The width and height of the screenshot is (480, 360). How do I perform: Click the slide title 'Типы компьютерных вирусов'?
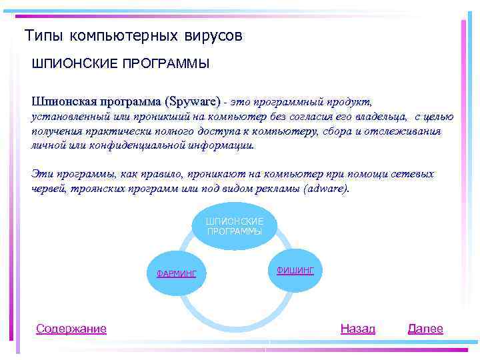(x=133, y=35)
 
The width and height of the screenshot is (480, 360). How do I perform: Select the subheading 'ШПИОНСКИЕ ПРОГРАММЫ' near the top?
(x=121, y=64)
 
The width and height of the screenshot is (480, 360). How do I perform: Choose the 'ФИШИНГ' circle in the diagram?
(x=295, y=269)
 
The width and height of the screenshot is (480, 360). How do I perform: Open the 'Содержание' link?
(x=71, y=329)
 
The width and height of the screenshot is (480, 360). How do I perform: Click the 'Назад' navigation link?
(x=358, y=329)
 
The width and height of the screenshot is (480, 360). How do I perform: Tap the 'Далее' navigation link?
(x=425, y=329)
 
